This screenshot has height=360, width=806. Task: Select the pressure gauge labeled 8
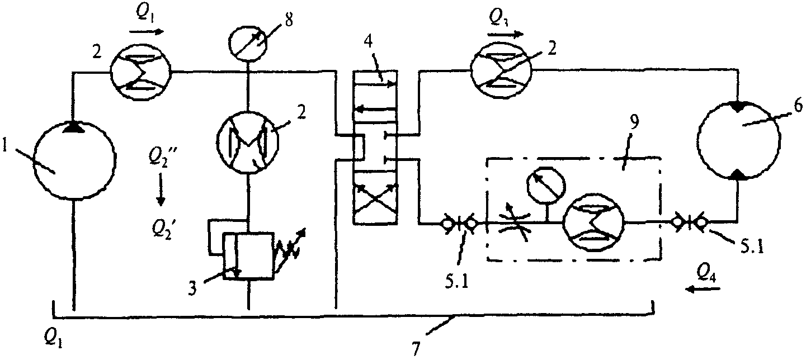[x=248, y=44]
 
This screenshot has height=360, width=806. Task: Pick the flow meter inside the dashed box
[x=593, y=222]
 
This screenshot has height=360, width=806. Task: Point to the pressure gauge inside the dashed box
[x=546, y=185]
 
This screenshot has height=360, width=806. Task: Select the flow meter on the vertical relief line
[x=248, y=143]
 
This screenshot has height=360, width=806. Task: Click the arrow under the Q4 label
[x=703, y=289]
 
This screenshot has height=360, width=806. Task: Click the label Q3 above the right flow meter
[x=499, y=16]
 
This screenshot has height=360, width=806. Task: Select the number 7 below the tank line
[x=416, y=348]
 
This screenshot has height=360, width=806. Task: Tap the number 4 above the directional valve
[x=367, y=42]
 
